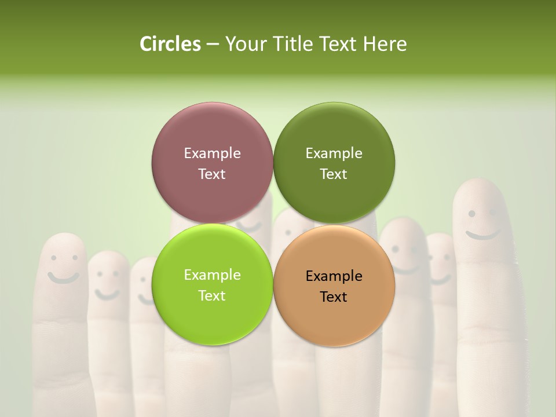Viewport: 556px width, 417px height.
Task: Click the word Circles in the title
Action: [170, 44]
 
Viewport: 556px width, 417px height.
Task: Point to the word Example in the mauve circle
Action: [212, 153]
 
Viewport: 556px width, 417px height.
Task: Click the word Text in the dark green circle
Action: [334, 174]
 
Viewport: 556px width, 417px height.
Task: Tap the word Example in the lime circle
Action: [212, 275]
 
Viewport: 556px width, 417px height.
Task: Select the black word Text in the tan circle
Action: [334, 297]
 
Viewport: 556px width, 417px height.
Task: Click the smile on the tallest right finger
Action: [483, 235]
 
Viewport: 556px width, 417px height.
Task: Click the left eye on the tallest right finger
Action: [472, 214]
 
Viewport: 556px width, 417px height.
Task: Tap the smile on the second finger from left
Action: [107, 294]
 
